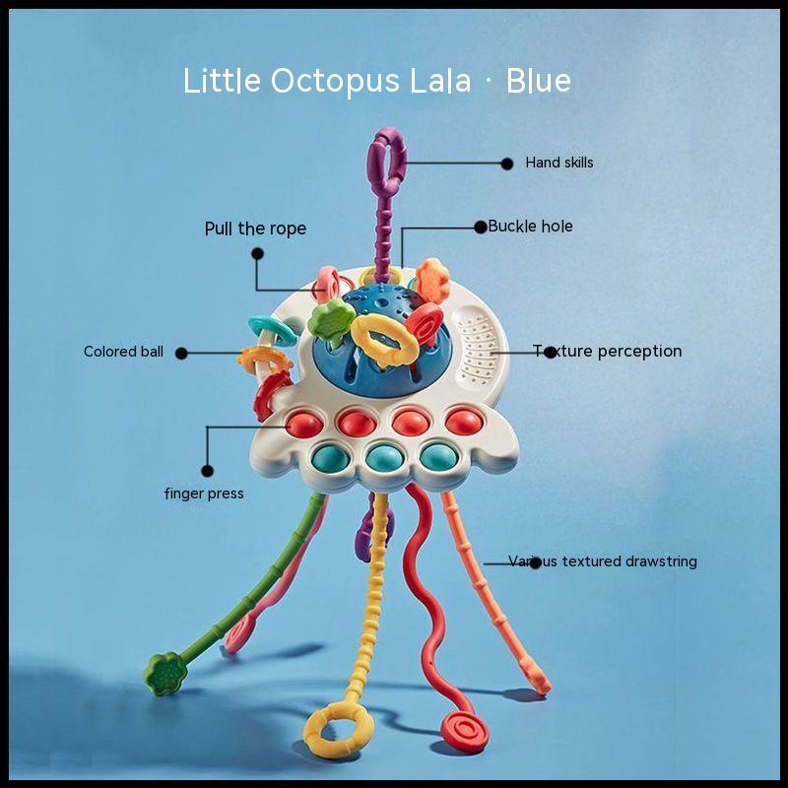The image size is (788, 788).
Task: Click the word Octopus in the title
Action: tap(335, 82)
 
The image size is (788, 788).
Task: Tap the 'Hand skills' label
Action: tap(558, 163)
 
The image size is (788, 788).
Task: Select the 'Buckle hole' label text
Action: tap(530, 227)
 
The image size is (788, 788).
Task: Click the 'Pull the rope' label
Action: tap(255, 229)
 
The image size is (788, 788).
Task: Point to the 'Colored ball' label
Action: tap(123, 352)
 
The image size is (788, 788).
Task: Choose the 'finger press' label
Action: tap(204, 493)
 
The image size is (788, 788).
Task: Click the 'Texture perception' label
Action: tap(607, 351)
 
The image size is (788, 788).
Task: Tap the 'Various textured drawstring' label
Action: tap(602, 560)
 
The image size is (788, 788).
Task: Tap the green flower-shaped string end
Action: tap(165, 674)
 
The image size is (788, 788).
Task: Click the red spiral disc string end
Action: tap(465, 731)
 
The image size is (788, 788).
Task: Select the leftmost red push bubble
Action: tap(304, 425)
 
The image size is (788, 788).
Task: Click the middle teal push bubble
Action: tap(384, 458)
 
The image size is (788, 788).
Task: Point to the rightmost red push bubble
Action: tap(464, 422)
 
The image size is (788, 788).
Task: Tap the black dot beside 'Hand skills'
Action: tap(507, 164)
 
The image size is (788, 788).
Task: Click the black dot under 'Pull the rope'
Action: tap(257, 254)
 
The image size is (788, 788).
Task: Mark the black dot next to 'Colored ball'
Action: tap(181, 354)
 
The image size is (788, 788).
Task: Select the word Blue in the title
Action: tap(538, 81)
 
